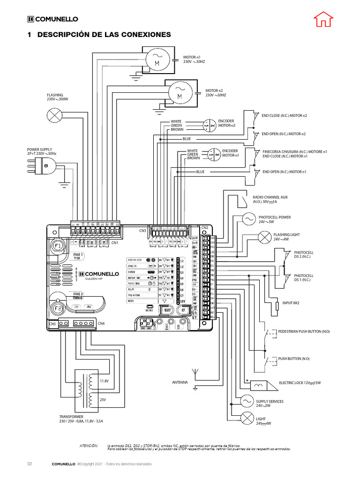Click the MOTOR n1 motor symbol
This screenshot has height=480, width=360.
[157, 60]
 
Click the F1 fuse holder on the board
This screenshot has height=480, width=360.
[59, 246]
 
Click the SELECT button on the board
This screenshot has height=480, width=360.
[166, 309]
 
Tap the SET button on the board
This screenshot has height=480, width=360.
[184, 309]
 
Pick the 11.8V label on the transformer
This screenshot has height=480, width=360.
[104, 381]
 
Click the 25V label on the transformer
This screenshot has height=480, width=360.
[103, 399]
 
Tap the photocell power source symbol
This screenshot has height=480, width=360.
[248, 219]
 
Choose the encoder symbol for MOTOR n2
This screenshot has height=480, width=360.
[209, 125]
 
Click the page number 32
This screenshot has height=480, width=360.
[29, 464]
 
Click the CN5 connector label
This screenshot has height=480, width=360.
[52, 323]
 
